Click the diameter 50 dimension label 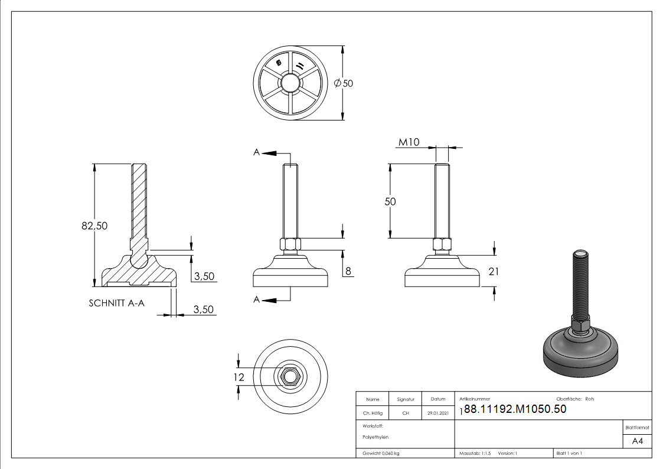point(344,84)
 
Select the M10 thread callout point(410,142)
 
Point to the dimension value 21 point(494,271)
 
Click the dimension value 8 point(348,271)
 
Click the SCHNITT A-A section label point(117,303)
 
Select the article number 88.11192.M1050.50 point(515,409)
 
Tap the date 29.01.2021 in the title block point(437,413)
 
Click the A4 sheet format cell point(638,441)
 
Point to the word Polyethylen point(376,437)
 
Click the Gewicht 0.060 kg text point(381,453)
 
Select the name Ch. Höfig point(373,413)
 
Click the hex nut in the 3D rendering point(580,324)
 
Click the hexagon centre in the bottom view point(290,376)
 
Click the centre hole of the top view point(290,83)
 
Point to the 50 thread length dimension point(390,201)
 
